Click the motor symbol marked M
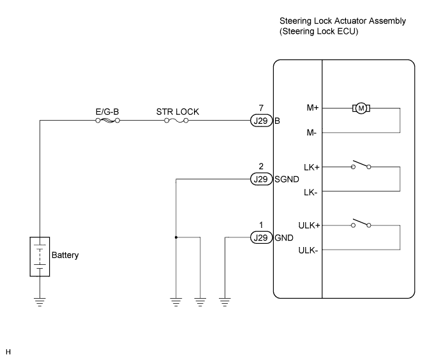(x=361, y=109)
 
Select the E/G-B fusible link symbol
(x=108, y=121)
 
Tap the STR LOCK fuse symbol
(x=176, y=121)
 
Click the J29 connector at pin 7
(x=261, y=121)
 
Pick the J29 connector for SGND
(x=261, y=179)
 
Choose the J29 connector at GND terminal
(x=261, y=237)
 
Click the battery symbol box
(x=40, y=257)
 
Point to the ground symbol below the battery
(x=40, y=302)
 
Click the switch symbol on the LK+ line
(x=361, y=165)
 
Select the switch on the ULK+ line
(x=361, y=223)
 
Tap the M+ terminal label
(x=313, y=108)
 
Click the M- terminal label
(x=311, y=133)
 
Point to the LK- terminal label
(x=311, y=192)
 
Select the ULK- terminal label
(x=308, y=250)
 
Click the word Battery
(x=65, y=255)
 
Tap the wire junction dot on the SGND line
(x=176, y=237)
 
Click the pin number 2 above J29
(x=261, y=167)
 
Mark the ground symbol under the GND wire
(x=225, y=302)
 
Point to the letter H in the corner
(x=8, y=352)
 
